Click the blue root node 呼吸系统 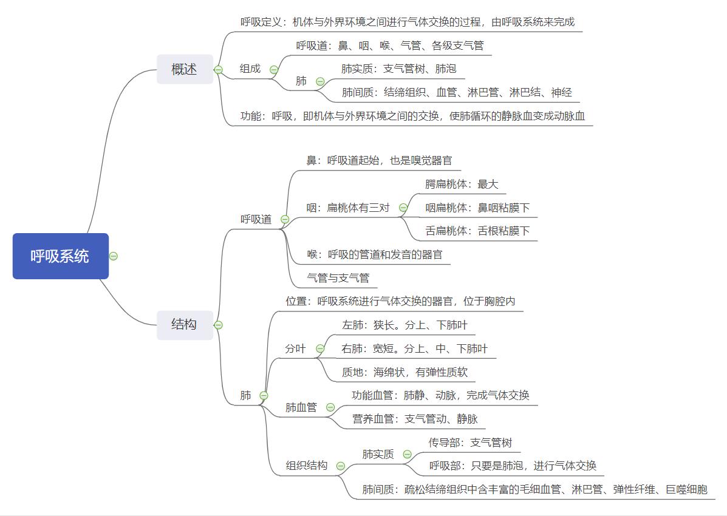[60, 256]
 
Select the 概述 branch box [184, 69]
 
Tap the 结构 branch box [184, 324]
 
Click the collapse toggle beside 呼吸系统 [114, 256]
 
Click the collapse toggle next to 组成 [274, 69]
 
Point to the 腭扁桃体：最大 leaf [462, 184]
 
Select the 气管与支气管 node [338, 278]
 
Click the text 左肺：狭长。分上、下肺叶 [404, 325]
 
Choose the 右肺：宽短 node [414, 348]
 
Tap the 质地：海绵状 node [404, 372]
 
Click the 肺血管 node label [301, 407]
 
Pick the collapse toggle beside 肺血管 [330, 407]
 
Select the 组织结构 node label [307, 466]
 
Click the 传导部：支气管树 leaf [470, 443]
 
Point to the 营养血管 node [415, 419]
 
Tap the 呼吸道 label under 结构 [256, 219]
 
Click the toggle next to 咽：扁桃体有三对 [403, 208]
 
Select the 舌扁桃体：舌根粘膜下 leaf [477, 231]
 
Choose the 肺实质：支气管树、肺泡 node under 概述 [398, 69]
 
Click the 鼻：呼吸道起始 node [379, 161]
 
